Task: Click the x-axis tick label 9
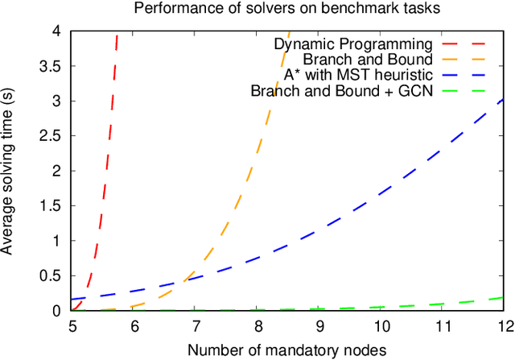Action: pos(319,326)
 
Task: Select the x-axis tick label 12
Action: pos(504,326)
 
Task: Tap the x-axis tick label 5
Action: pos(72,326)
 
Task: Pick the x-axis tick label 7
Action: pos(196,326)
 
